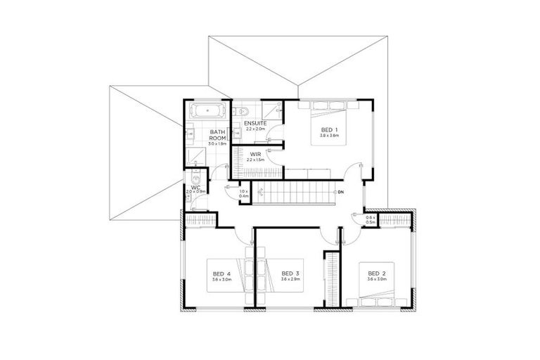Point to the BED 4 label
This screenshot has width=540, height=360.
(x=220, y=273)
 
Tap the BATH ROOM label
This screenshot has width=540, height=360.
(x=217, y=135)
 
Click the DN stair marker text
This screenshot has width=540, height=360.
(x=341, y=192)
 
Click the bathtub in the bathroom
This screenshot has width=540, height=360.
(x=205, y=111)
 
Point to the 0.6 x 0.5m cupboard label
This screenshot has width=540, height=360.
(x=371, y=221)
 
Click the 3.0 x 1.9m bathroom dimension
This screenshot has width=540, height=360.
(x=218, y=143)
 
